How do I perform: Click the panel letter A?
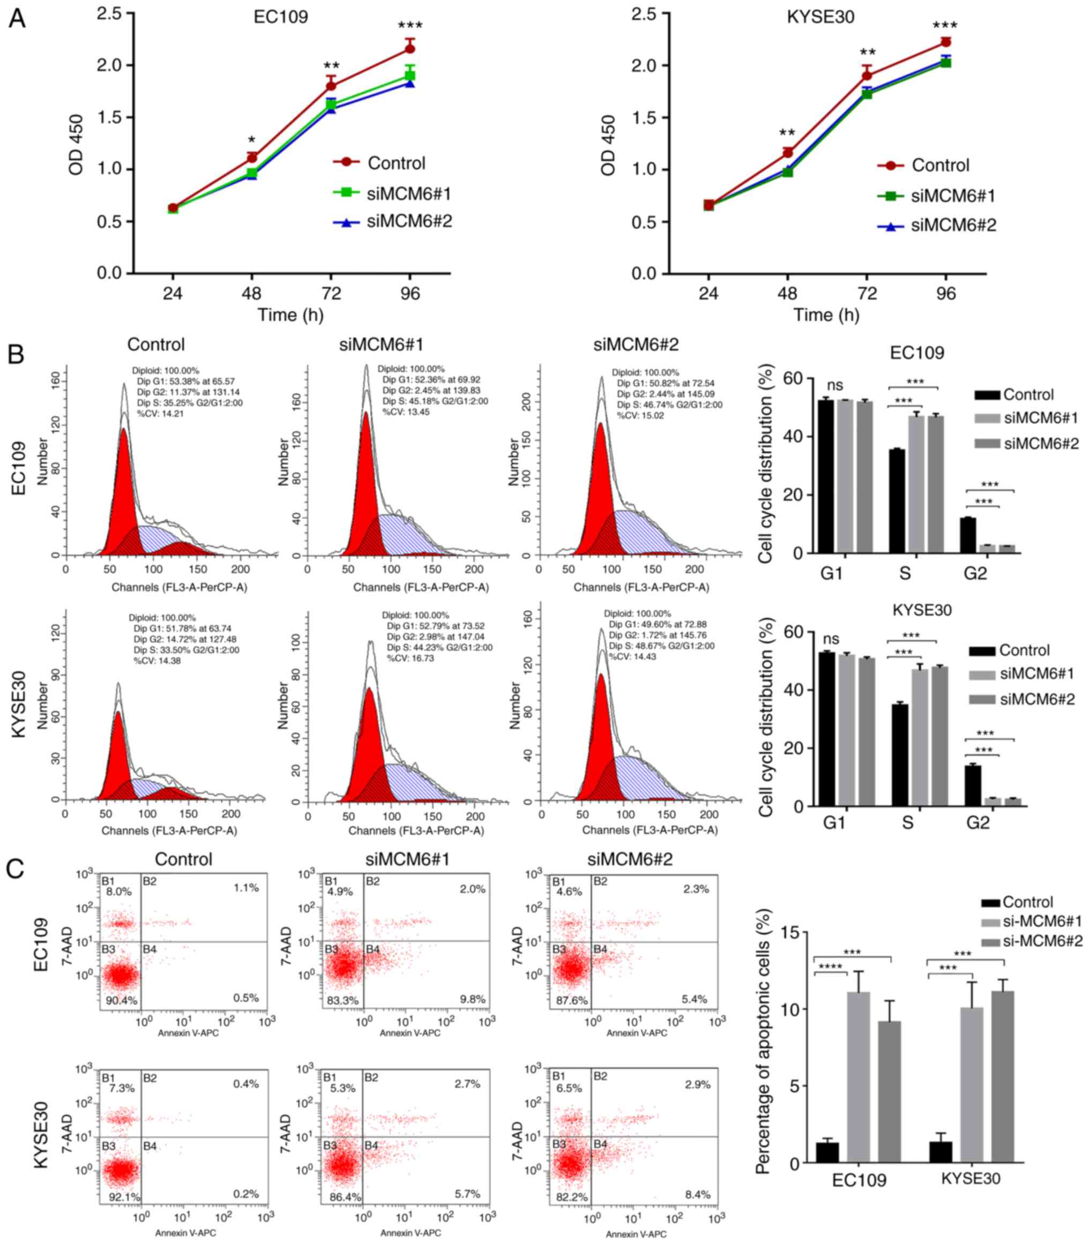(17, 18)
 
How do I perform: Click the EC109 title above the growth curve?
(281, 17)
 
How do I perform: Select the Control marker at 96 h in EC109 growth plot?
(410, 49)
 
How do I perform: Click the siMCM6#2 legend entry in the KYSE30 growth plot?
(953, 226)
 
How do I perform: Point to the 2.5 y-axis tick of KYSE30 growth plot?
(644, 13)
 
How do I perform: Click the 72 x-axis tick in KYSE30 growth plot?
(867, 294)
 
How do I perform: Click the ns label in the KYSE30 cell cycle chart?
(831, 639)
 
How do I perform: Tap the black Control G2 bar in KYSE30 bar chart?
(973, 785)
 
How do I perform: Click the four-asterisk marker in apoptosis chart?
(830, 966)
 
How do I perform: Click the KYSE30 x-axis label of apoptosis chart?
(971, 1179)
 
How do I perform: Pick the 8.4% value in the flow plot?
(697, 1194)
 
